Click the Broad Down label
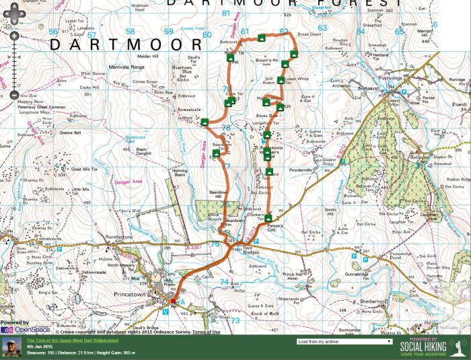[x=310, y=34]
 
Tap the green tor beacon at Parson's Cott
[x=269, y=218]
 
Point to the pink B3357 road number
[x=194, y=248]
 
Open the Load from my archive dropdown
[x=344, y=341]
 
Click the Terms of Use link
[x=207, y=332]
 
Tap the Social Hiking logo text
[x=425, y=347]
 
